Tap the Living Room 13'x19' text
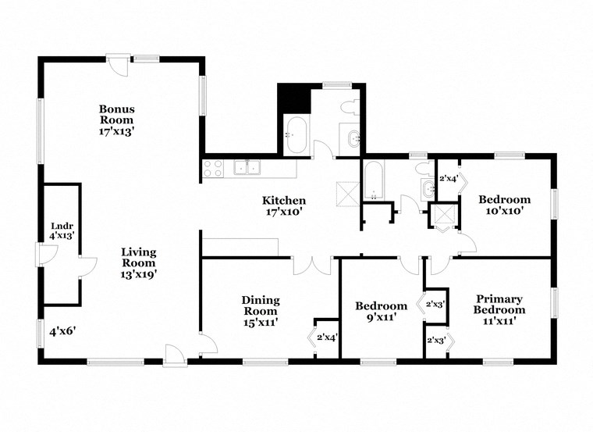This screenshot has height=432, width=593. (x=138, y=262)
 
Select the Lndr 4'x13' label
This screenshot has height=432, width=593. (x=61, y=230)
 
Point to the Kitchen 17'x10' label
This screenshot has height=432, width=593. (x=283, y=206)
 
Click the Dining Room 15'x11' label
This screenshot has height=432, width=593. (x=260, y=310)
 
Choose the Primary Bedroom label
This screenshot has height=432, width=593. (x=499, y=304)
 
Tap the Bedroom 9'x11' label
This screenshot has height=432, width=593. (x=381, y=311)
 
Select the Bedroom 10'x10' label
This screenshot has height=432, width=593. (x=504, y=205)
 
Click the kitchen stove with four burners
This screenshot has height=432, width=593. (x=213, y=166)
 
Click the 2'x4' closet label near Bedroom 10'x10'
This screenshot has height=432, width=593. (x=449, y=178)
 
